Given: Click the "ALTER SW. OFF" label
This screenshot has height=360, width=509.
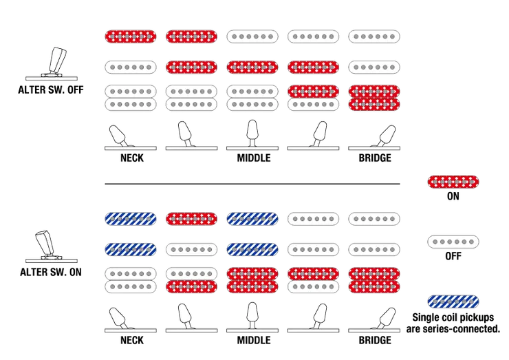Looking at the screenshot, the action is (x=51, y=89).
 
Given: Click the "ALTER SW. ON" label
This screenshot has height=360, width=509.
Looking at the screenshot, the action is (x=51, y=272).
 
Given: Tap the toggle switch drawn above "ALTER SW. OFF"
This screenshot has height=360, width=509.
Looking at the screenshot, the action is (x=52, y=64).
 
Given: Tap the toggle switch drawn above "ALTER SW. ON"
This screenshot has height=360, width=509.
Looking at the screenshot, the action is (x=52, y=246).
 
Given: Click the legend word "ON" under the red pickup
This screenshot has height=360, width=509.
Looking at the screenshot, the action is (x=453, y=196).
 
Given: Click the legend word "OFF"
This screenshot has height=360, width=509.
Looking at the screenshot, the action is (x=453, y=256).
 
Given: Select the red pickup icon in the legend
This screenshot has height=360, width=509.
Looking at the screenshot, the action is (x=453, y=182).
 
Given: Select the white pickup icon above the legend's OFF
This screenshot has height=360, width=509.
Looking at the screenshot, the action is (x=453, y=242).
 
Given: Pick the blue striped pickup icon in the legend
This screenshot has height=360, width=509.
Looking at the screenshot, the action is (x=453, y=301).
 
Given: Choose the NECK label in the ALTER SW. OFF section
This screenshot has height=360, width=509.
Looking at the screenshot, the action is (x=132, y=158).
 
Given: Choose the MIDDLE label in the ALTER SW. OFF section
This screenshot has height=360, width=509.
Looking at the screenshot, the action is (x=254, y=158).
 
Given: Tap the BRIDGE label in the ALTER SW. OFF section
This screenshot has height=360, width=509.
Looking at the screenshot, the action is (x=375, y=158).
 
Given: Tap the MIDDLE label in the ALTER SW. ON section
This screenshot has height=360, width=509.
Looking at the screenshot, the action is (x=254, y=340).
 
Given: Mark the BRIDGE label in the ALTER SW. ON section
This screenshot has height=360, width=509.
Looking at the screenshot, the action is (x=375, y=340).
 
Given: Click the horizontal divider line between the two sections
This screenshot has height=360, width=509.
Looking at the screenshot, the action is (x=252, y=184).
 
